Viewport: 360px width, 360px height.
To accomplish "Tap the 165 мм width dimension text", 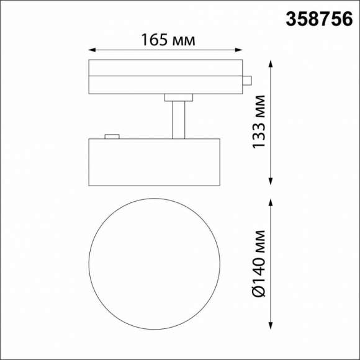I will [166, 40].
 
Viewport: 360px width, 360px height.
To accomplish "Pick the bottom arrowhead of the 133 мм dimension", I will [271, 181].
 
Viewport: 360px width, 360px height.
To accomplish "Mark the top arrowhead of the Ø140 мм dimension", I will [271, 202].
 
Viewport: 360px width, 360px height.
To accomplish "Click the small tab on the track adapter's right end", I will [247, 80].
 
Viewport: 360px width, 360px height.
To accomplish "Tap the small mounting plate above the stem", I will [179, 97].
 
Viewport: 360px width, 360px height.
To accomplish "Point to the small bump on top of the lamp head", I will [112, 136].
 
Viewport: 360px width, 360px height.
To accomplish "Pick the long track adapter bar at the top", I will [165, 77].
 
